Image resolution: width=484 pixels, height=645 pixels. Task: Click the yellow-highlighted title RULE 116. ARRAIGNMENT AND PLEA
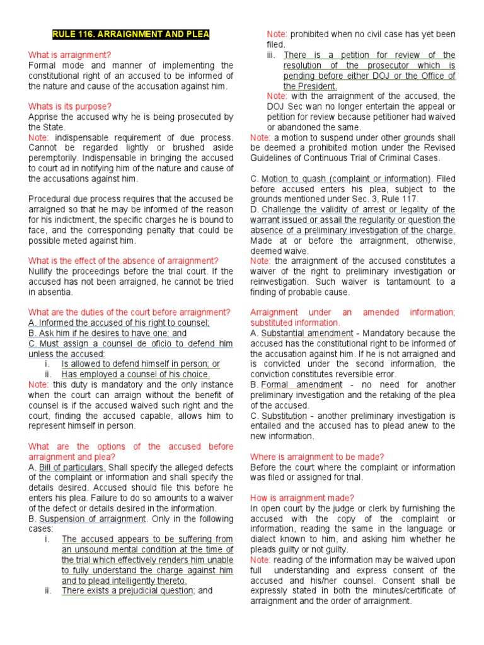[x=131, y=34]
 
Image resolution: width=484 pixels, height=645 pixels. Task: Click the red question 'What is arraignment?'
[x=69, y=55]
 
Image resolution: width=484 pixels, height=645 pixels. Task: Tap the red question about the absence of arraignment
[x=124, y=261]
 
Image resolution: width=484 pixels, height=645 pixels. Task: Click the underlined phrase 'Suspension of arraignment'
[x=93, y=519]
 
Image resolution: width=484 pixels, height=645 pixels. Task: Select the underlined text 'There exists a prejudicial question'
[x=127, y=591]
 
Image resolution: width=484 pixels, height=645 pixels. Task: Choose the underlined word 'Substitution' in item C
[x=284, y=416]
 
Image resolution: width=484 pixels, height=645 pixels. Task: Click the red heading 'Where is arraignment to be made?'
[x=326, y=457]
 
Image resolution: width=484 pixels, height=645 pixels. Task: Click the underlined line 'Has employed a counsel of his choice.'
[x=135, y=374]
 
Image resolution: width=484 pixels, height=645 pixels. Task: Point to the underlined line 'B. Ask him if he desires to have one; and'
[x=108, y=333]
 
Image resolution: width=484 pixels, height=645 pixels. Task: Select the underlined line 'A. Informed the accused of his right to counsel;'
[x=119, y=322]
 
